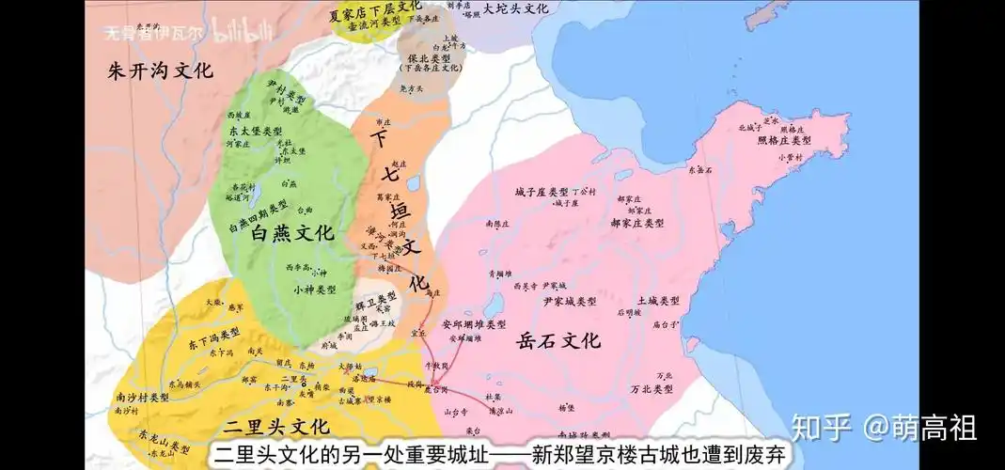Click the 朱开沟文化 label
[159, 70]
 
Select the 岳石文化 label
[558, 340]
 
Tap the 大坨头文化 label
[515, 8]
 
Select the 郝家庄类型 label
[636, 224]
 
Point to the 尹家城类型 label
[569, 302]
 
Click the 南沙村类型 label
[143, 398]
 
